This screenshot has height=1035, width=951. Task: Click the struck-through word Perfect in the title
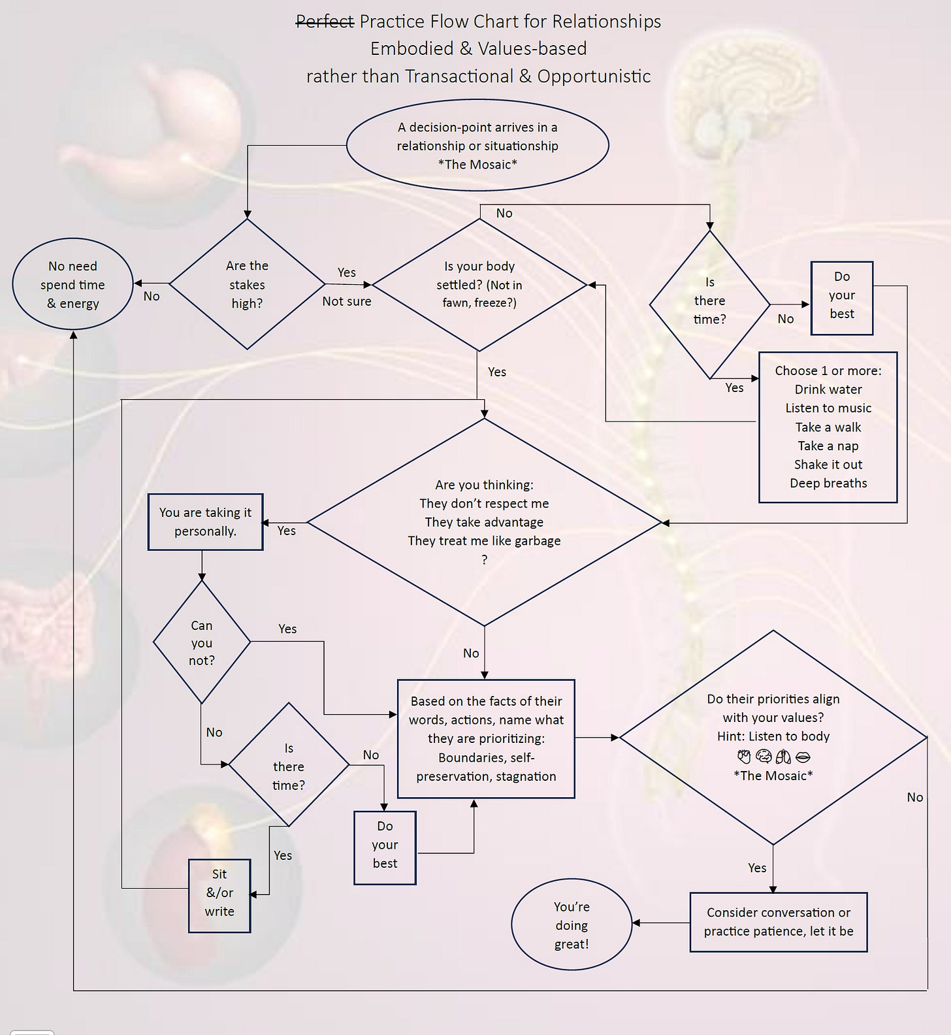tap(325, 22)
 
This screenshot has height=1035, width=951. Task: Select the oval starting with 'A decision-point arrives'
tap(477, 145)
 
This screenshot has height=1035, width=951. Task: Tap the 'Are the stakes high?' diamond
tap(247, 284)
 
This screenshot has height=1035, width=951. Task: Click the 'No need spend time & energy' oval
tap(73, 284)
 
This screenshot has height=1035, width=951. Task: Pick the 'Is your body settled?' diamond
tap(479, 284)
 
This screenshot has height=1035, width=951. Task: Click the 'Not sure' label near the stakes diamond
tap(346, 301)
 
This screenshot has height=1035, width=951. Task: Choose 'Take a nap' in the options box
tap(828, 446)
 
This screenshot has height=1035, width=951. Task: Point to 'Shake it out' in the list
tap(828, 465)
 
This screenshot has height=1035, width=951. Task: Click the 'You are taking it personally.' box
tap(205, 521)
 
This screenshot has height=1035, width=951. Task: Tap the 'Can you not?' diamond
tap(201, 642)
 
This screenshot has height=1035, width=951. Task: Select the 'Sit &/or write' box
tap(219, 893)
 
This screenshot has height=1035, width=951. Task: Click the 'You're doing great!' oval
tap(572, 925)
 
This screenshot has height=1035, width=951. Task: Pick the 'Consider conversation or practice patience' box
tap(778, 921)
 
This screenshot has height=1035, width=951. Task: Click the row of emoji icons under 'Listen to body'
tap(773, 757)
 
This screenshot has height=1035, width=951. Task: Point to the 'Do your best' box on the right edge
tap(841, 295)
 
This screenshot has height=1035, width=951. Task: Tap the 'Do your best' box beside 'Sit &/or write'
tap(385, 845)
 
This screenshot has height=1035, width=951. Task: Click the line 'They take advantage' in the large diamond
tap(484, 522)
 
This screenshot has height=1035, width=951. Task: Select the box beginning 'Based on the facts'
tap(486, 738)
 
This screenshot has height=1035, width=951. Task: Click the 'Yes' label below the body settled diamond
tap(496, 372)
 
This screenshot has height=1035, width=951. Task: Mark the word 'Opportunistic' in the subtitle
tap(594, 76)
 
